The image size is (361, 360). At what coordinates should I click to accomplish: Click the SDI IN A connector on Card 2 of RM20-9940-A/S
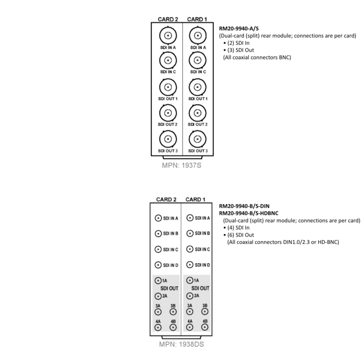pos(168,35)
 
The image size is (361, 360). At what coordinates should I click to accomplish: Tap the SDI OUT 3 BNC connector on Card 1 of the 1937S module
pos(197,139)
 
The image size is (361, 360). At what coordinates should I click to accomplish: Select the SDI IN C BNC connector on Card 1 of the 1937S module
pos(197,60)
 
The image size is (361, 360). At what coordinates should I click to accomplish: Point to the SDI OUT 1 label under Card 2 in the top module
pos(168,99)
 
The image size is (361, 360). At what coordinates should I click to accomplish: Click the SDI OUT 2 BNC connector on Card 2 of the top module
pos(168,113)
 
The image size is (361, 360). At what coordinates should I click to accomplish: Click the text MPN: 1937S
pos(181,165)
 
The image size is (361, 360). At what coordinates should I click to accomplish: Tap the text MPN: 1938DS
pos(181,344)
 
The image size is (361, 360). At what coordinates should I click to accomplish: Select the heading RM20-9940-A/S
pos(239,29)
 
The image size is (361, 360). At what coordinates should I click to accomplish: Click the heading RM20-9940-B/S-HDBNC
pos(249,213)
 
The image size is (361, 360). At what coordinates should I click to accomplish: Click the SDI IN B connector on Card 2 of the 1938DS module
pos(158,234)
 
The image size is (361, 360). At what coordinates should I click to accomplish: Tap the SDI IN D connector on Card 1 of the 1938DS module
pos(190,265)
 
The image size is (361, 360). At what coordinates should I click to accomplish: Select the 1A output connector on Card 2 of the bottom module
pos(158,281)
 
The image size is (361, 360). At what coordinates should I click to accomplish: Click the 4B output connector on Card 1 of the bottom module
pos(204,327)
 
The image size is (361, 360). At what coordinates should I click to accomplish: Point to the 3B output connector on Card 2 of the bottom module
pos(173,312)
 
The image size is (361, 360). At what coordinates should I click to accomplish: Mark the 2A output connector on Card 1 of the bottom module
pos(190,296)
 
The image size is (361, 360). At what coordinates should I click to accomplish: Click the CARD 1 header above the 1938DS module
pos(195,200)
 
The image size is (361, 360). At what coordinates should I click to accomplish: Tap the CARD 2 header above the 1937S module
pos(168,19)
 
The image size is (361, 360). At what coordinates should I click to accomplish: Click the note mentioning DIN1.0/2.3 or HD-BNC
pos(283,242)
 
